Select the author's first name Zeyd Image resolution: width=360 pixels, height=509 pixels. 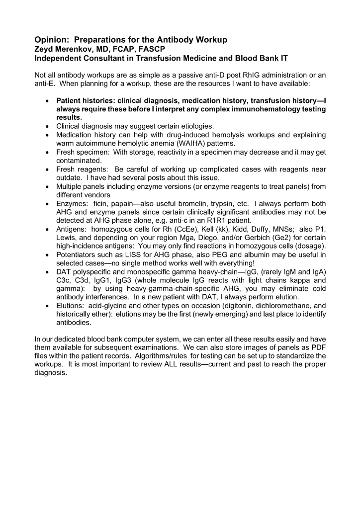tap(44, 49)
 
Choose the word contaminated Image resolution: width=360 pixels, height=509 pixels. tap(79, 161)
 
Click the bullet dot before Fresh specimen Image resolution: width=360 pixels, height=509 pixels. tap(46, 152)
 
